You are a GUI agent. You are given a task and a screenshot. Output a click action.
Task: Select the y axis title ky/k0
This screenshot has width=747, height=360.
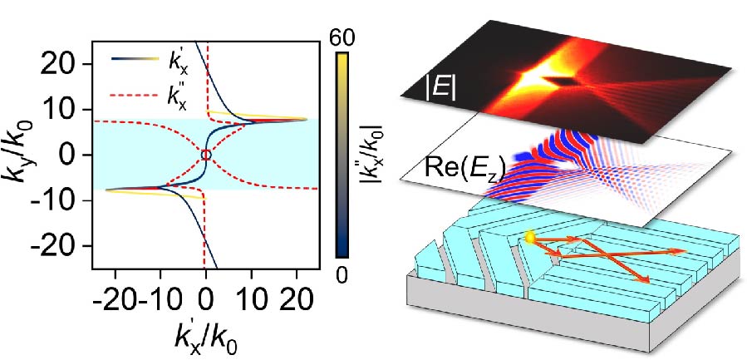pyautogui.click(x=20, y=155)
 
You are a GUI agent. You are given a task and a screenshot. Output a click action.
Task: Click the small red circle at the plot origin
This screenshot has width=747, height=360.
pyautogui.click(x=206, y=155)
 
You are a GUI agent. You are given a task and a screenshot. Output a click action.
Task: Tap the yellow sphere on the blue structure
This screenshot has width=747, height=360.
pyautogui.click(x=528, y=239)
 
